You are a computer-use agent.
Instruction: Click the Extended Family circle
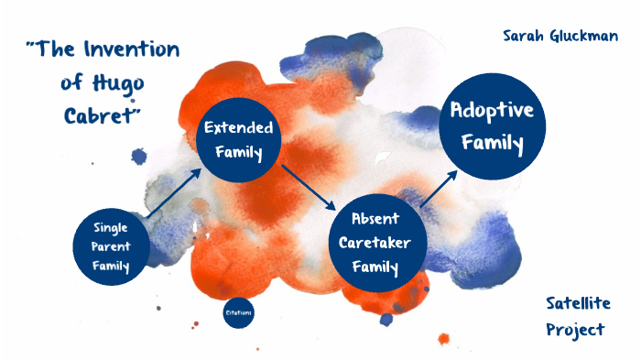click(x=237, y=138)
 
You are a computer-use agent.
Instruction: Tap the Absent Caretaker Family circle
click(x=376, y=244)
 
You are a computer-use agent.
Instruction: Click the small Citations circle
click(x=238, y=313)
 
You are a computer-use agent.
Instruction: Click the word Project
click(x=575, y=330)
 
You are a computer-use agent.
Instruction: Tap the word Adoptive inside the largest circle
click(x=493, y=111)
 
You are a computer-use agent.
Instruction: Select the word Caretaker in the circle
click(x=376, y=244)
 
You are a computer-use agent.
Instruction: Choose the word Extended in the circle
click(x=237, y=126)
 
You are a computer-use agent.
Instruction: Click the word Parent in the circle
click(x=111, y=246)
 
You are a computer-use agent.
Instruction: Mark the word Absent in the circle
click(x=376, y=221)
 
